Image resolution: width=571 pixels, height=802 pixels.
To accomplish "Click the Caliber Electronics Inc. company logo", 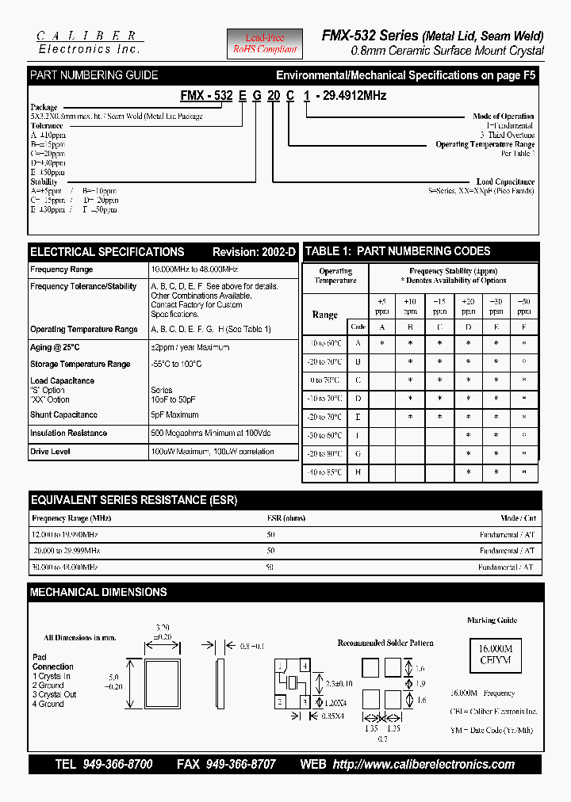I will coord(90,43).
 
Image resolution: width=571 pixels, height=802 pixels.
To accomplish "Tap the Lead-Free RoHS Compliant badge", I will coord(265,44).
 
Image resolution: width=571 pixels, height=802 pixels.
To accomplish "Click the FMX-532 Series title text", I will coord(370,36).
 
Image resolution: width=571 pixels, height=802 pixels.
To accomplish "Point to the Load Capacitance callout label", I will coord(505,181).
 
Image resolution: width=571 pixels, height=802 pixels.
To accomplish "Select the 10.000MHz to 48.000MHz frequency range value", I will coord(194,269).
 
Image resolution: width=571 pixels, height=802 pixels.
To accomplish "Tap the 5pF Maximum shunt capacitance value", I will coord(174,414).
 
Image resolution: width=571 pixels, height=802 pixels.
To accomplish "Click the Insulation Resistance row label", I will coord(68,433).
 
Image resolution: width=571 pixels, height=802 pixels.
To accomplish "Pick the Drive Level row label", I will coord(50,452).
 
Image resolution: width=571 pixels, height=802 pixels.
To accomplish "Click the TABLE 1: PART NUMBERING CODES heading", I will coord(398,251).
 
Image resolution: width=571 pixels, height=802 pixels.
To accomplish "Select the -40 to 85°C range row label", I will coord(324,472).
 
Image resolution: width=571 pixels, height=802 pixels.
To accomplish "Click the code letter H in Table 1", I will coord(358,472).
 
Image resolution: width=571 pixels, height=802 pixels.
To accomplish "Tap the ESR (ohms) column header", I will coord(285,517).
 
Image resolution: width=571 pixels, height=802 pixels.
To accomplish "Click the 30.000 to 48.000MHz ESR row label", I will coord(65,567).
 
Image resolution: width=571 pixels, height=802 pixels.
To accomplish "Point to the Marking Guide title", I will coord(492,621).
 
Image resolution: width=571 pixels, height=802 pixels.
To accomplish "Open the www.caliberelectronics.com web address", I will coord(423,765).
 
